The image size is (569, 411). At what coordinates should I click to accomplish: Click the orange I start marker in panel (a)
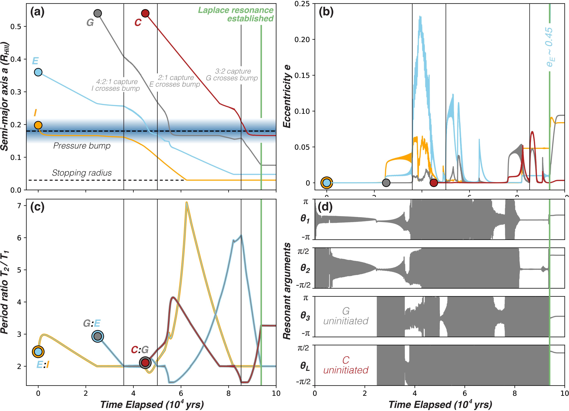coord(38,125)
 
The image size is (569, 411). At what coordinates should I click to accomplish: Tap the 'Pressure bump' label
coord(82,146)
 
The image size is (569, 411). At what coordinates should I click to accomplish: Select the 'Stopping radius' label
coord(82,173)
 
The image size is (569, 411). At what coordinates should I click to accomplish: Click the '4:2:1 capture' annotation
coord(117,82)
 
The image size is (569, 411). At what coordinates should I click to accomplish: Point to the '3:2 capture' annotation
coord(233,71)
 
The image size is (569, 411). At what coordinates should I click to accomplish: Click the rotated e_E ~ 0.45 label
coord(549,47)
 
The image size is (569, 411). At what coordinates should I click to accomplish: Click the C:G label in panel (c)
coord(140,350)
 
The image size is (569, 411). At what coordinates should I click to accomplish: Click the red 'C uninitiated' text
coord(346,365)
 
